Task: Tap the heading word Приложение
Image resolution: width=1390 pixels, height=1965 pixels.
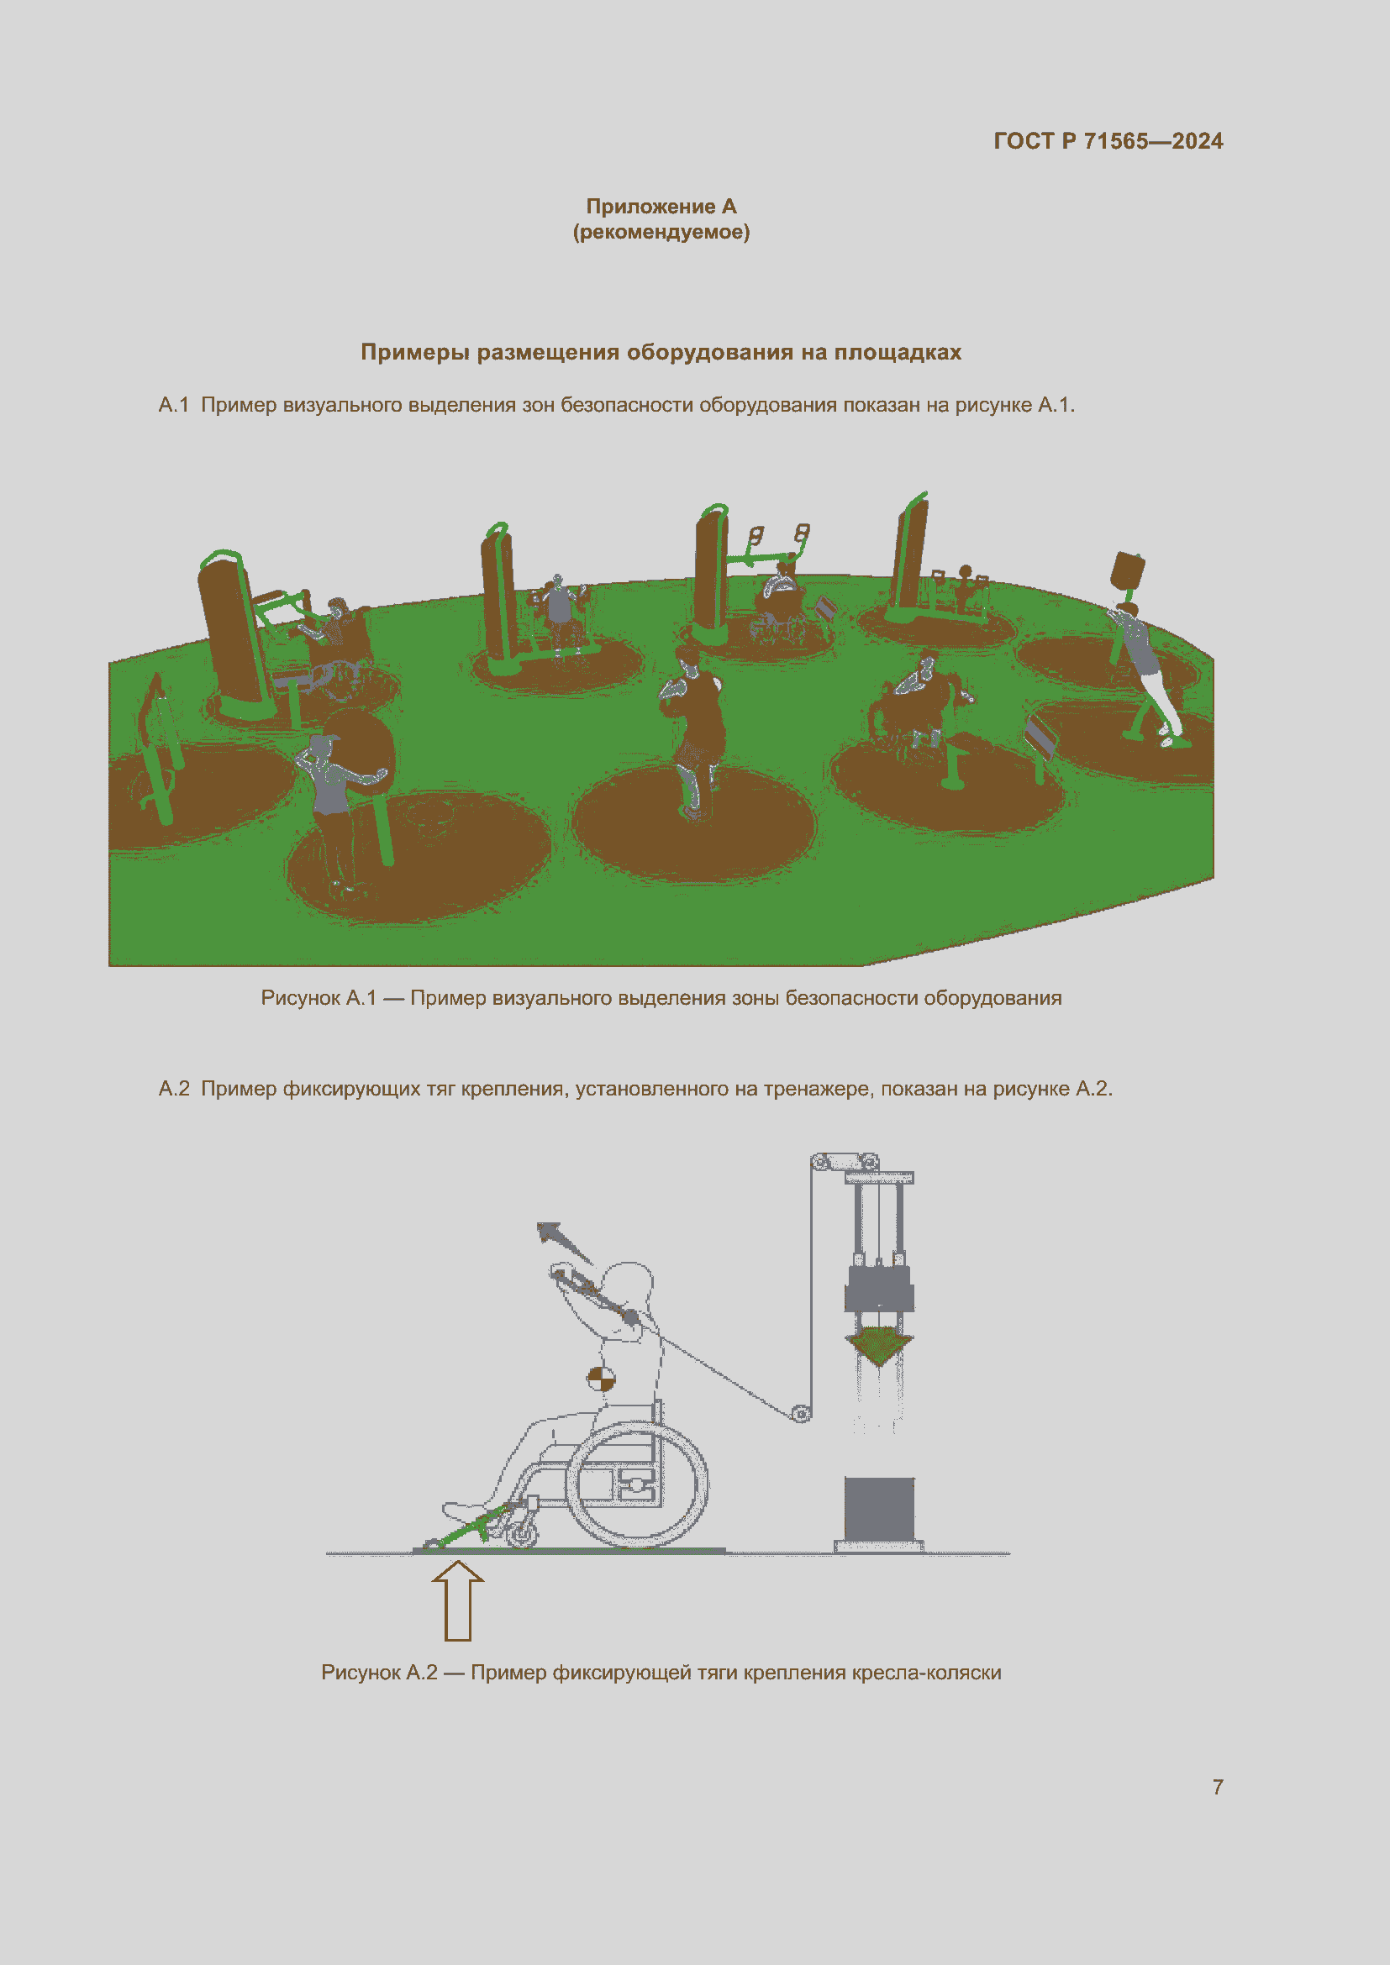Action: [650, 207]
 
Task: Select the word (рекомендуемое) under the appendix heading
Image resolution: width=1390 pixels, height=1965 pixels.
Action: [661, 232]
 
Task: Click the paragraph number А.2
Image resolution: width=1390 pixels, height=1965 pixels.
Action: [174, 1089]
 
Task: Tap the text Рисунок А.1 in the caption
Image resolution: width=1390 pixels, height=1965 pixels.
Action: [319, 998]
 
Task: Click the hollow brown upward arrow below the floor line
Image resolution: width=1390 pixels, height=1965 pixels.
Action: [458, 1600]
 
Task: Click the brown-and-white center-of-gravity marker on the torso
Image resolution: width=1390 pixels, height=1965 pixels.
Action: [600, 1379]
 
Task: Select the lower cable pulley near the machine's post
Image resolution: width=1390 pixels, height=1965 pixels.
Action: [800, 1414]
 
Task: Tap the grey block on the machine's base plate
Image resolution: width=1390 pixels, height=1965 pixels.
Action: [879, 1508]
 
